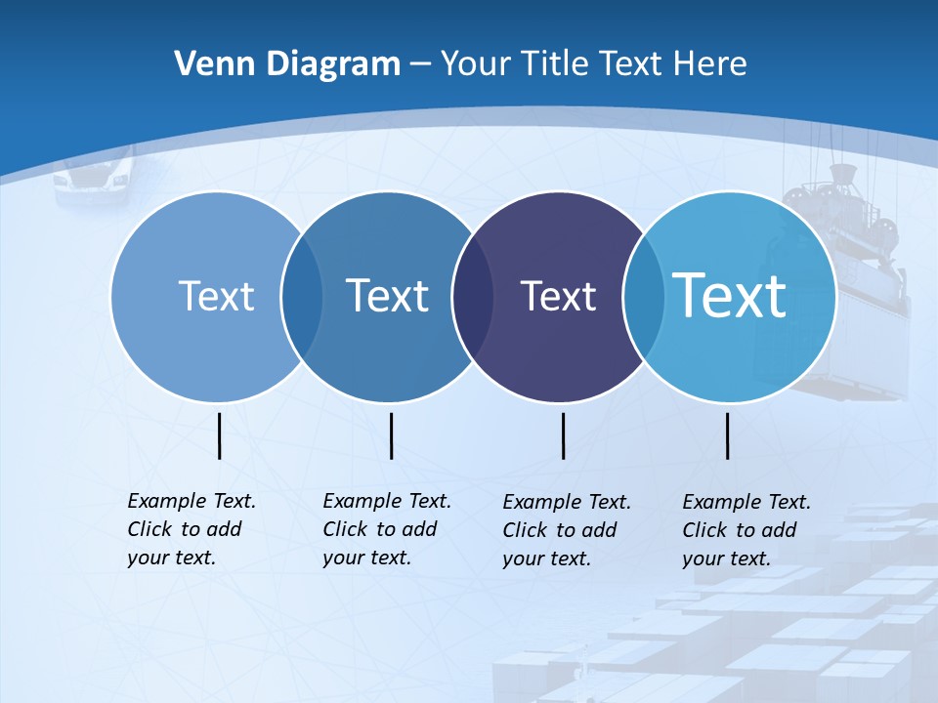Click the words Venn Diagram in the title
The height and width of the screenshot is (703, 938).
(287, 63)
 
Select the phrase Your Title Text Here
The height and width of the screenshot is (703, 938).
(594, 63)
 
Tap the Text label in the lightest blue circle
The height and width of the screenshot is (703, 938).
(216, 296)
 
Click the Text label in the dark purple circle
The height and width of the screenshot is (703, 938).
(558, 296)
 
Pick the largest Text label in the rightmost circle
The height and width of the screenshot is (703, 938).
(730, 295)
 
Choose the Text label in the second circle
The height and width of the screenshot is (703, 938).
(387, 296)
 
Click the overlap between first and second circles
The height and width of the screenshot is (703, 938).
(302, 297)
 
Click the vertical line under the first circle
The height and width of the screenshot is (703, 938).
(220, 435)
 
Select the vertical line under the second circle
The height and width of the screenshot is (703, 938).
(391, 435)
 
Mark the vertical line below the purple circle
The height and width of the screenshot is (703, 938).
(564, 435)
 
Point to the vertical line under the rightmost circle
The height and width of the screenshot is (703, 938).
(728, 435)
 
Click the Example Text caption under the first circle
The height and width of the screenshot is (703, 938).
(191, 529)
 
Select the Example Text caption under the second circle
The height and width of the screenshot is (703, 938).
(386, 529)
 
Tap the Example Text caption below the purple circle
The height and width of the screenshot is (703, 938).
(566, 530)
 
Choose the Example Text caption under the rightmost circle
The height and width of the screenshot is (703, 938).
(746, 530)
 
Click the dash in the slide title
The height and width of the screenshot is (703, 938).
(420, 64)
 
